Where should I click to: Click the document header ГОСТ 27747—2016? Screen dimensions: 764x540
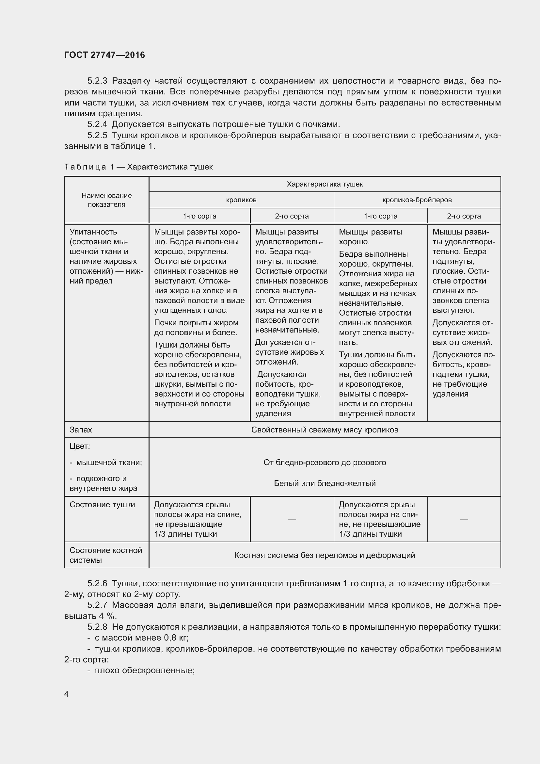point(104,55)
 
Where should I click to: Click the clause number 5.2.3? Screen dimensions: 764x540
point(97,81)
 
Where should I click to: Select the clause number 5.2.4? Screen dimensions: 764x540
point(97,124)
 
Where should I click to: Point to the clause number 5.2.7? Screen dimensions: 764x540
point(97,605)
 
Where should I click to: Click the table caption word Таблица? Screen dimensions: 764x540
point(85,167)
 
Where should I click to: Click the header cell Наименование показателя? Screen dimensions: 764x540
point(106,200)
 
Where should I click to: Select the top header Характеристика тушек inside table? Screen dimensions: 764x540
point(325,184)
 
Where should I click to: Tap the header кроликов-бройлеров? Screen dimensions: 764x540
point(417,200)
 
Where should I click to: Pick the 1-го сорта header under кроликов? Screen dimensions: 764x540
point(199,216)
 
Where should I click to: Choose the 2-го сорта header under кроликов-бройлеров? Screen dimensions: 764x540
point(464,216)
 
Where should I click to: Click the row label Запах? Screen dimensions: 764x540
point(81,430)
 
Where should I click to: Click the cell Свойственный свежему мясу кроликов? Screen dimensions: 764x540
point(325,430)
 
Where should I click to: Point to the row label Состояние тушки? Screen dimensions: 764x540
point(102,505)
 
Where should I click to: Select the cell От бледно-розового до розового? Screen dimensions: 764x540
point(325,463)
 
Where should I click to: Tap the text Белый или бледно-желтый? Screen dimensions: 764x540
point(325,483)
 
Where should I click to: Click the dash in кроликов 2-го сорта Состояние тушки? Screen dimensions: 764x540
point(292,519)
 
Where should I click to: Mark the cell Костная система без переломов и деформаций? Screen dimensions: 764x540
point(325,555)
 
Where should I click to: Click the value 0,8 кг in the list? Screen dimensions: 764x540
point(176,638)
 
